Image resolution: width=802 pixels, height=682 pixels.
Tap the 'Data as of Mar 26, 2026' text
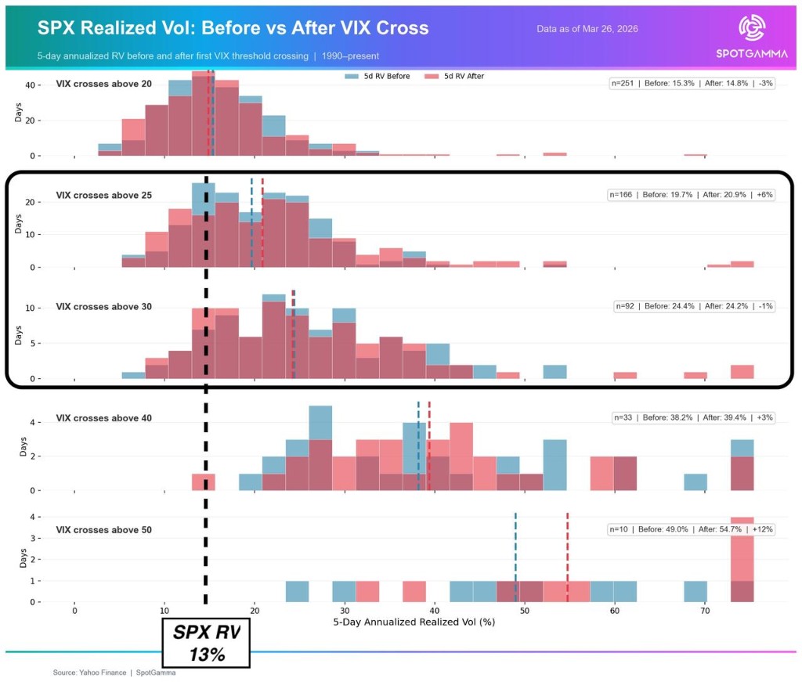coord(587,29)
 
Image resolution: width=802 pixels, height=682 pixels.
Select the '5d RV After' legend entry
coord(453,76)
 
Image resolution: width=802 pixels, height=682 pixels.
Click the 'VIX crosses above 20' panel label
coord(104,84)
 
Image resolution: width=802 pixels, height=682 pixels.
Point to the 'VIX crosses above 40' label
coord(104,417)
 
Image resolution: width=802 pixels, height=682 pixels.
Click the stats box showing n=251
coord(692,84)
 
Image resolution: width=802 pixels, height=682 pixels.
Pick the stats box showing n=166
coord(692,195)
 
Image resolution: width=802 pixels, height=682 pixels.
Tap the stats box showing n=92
coord(694,306)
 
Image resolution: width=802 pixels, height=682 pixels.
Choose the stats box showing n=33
coord(694,417)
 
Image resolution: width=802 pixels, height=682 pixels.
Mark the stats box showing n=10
coord(692,529)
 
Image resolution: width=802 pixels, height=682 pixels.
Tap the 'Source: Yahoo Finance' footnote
coord(114,673)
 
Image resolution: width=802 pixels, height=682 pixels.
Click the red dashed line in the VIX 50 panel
coord(567,556)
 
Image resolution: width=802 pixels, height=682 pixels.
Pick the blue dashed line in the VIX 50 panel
coord(515,556)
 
